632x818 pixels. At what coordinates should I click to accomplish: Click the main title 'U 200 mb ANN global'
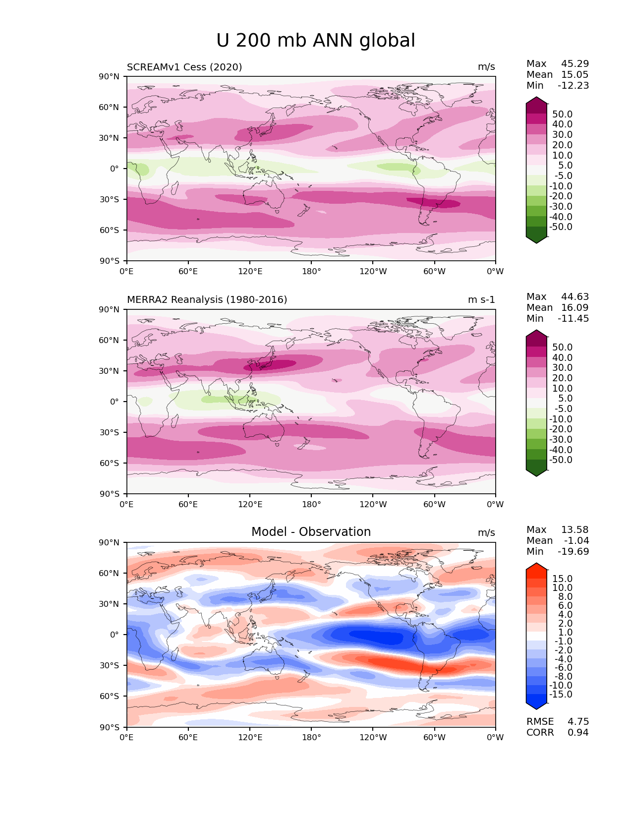(x=316, y=41)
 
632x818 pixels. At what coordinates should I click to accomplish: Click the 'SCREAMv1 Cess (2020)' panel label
(x=184, y=67)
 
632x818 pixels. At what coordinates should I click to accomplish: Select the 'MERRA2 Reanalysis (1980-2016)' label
(x=207, y=300)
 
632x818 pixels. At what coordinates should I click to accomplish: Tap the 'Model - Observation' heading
(x=311, y=532)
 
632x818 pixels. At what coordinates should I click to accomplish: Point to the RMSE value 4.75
(x=578, y=722)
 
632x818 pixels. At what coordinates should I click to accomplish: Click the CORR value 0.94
(x=578, y=733)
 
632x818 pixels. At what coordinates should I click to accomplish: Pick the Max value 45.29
(x=575, y=64)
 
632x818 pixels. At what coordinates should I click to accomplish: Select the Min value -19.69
(x=573, y=552)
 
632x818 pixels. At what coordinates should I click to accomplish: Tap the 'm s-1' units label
(x=481, y=300)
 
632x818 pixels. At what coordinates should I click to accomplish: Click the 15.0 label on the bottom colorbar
(x=562, y=579)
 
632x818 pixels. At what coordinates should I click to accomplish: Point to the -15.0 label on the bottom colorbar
(x=561, y=695)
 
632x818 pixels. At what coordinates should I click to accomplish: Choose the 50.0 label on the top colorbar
(x=562, y=115)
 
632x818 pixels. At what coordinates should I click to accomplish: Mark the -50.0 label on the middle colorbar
(x=561, y=460)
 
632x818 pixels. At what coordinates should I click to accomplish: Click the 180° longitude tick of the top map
(x=311, y=271)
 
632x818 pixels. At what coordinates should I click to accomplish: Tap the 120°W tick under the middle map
(x=373, y=505)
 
